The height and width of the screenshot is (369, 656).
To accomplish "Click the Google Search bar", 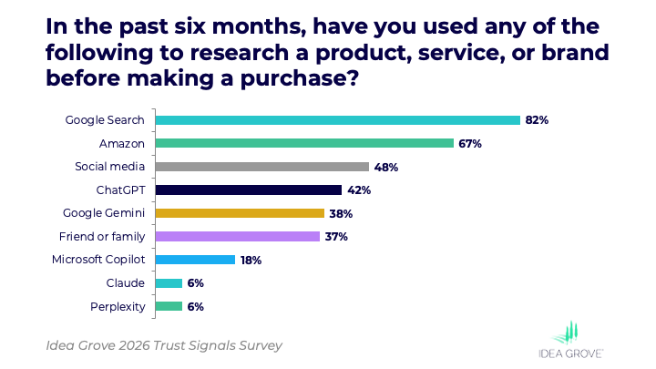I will tap(337, 119).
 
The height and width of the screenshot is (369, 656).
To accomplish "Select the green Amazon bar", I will tap(304, 143).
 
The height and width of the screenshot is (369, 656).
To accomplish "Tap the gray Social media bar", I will tap(262, 167).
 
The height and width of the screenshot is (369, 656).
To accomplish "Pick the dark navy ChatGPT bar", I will tap(249, 190).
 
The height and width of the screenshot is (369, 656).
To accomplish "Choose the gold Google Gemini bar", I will tap(240, 213).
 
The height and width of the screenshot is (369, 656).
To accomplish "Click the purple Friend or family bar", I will tap(238, 237).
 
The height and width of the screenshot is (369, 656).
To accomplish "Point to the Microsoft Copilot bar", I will tap(195, 260).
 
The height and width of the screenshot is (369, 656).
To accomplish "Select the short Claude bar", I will tap(169, 283).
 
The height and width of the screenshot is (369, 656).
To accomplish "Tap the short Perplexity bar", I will tap(169, 307).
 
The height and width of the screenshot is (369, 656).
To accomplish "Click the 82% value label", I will tap(537, 119).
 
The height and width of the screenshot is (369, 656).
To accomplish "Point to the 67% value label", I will tap(470, 143).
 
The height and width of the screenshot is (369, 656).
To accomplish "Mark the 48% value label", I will tap(386, 167).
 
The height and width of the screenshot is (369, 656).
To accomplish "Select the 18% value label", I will tap(251, 260).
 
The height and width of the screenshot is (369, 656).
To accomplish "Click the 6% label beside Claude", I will tap(196, 283).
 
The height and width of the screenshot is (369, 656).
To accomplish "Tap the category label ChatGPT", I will tap(121, 190).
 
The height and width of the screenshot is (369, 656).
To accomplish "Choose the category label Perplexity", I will tap(118, 307).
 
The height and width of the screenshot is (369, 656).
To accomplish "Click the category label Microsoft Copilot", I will tap(99, 260).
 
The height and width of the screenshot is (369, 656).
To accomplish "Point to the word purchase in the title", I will tap(296, 80).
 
